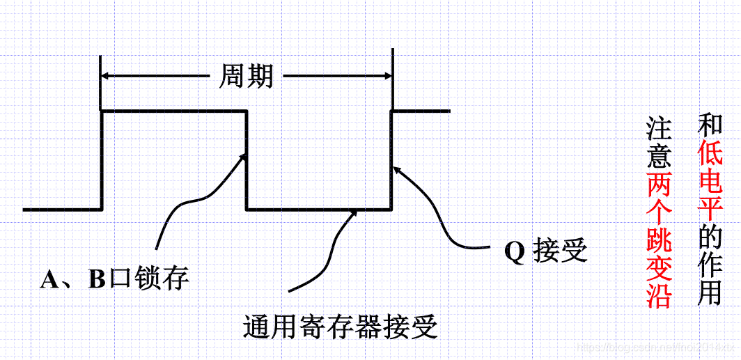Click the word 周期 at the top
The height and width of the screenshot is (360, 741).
coord(246,76)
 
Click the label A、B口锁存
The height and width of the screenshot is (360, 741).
coord(115,279)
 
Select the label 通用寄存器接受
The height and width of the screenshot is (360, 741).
coord(341,326)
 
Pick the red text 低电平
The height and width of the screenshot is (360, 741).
coord(710,180)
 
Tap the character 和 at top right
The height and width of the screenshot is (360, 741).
coord(710,125)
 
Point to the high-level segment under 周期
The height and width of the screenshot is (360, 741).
coord(174,111)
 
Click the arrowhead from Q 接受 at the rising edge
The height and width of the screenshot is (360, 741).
coord(396,169)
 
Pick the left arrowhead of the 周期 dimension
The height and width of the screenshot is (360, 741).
coord(108,76)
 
